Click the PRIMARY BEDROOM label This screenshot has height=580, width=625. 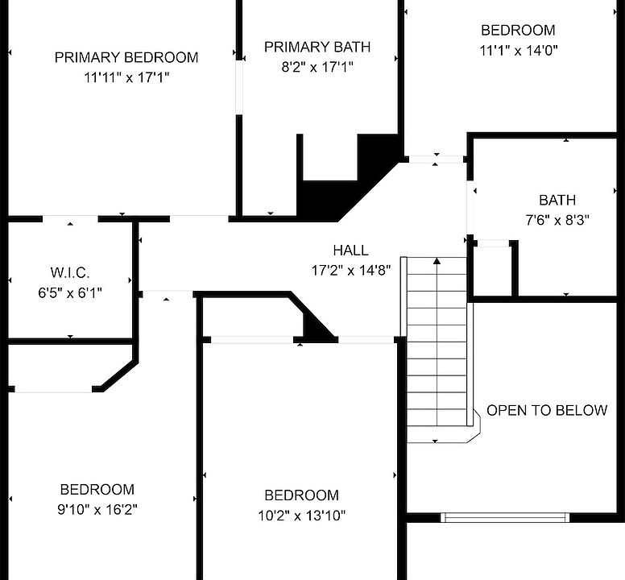pos(126,57)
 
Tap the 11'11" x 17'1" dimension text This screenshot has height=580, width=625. pos(126,77)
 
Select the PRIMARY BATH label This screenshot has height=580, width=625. pos(317,47)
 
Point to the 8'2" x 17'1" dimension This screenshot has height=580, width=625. pos(317,67)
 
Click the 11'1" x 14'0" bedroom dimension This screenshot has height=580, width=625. pos(518,51)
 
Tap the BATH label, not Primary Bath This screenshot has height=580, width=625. pos(557,200)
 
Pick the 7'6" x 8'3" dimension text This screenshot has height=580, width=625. pos(557,220)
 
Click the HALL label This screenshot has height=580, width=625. pos(351,251)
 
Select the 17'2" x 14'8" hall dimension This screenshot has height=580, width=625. pos(351,271)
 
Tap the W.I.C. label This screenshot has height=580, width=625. pos(70,273)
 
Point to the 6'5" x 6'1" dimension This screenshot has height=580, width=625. pos(70,293)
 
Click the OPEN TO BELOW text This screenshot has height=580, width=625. pos(547,411)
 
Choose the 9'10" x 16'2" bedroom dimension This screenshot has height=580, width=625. pos(97,509)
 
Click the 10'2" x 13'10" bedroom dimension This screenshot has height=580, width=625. pos(302,516)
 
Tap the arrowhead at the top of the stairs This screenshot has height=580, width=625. pos(437,261)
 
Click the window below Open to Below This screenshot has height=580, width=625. pos(505,517)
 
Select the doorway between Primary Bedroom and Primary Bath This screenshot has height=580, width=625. pos(239,88)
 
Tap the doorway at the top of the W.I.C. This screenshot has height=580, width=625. pos(70,219)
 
